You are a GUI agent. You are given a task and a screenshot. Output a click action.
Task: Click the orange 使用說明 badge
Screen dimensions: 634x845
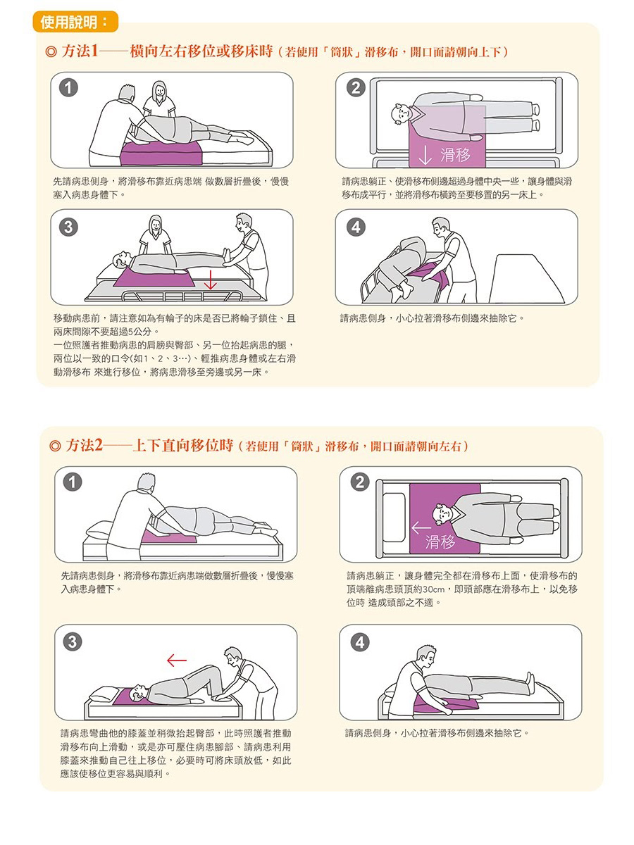(x=75, y=22)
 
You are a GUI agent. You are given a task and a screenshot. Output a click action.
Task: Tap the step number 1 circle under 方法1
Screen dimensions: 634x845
(x=68, y=88)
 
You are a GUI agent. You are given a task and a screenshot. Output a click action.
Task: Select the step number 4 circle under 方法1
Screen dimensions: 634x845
(x=356, y=227)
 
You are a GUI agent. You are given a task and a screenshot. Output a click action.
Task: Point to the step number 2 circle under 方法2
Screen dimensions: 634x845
(x=360, y=482)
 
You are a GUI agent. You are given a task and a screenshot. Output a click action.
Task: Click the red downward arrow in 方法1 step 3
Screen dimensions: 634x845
(x=210, y=280)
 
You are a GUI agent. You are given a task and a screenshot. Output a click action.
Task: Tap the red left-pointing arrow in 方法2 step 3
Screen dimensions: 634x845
(x=177, y=661)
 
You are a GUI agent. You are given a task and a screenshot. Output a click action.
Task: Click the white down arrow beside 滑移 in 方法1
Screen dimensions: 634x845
(x=425, y=155)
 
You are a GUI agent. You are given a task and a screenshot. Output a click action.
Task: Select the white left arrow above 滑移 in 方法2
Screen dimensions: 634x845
(x=421, y=527)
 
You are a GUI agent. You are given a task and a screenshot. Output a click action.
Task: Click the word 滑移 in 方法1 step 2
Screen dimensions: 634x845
(x=456, y=155)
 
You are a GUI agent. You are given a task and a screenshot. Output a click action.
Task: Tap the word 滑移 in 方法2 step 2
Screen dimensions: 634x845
(x=440, y=542)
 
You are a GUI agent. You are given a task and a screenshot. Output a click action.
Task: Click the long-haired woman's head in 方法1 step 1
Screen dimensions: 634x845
(x=159, y=91)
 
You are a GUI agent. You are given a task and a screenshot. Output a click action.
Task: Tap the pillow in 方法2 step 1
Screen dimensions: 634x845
(x=99, y=529)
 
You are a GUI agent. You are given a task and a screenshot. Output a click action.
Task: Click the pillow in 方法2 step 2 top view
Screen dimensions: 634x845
(x=394, y=518)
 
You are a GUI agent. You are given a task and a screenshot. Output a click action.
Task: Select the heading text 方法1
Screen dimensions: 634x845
(x=80, y=51)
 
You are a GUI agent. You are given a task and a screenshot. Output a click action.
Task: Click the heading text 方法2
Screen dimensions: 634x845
(x=85, y=446)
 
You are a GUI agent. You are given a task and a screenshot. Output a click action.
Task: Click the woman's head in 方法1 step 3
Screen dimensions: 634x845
(x=155, y=224)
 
